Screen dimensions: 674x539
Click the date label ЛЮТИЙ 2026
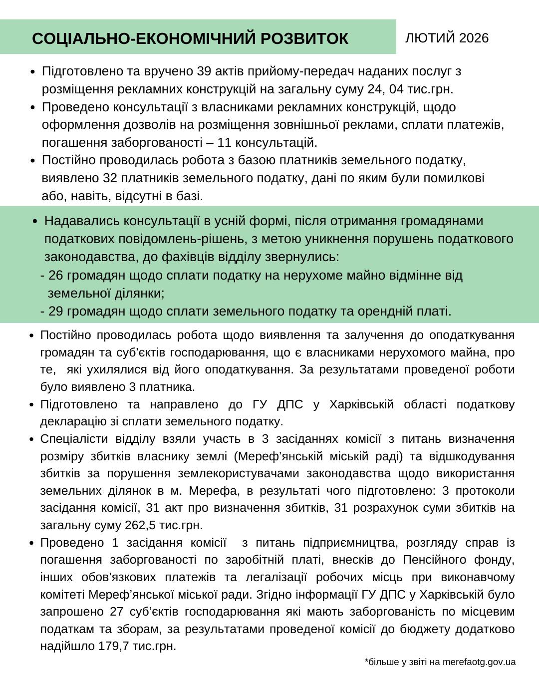(447, 38)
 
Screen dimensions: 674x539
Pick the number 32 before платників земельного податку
(110, 178)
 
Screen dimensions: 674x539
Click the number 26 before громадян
(56, 275)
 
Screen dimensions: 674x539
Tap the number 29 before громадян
(56, 311)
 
